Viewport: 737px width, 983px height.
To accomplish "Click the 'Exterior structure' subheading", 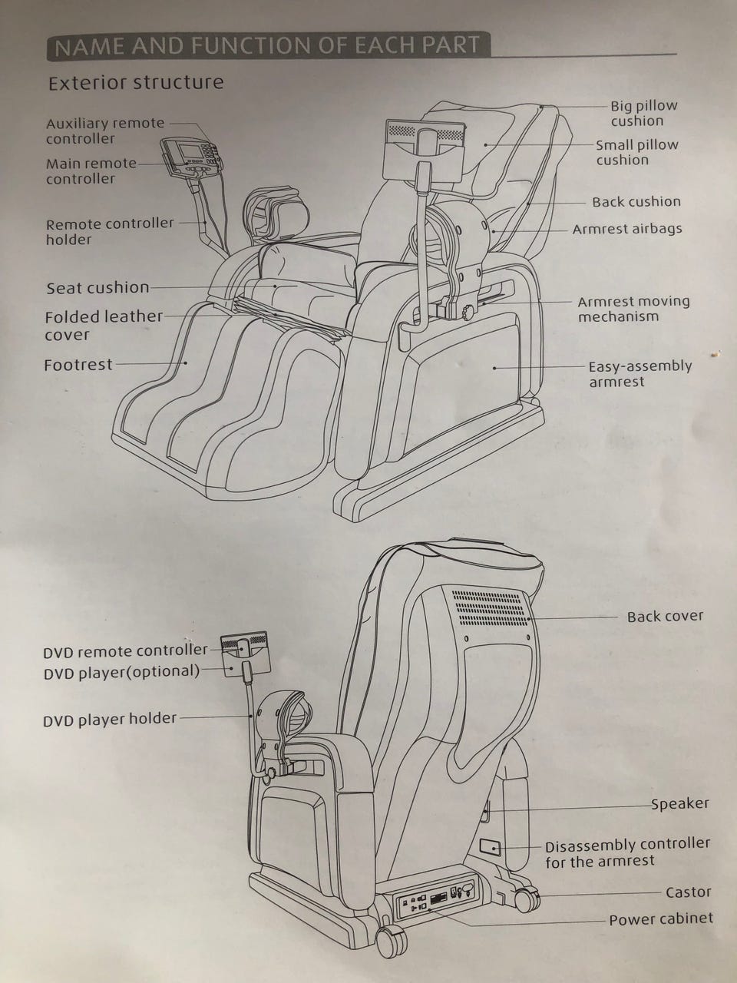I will pyautogui.click(x=136, y=83).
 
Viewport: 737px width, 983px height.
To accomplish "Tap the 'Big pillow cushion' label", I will pyautogui.click(x=643, y=113).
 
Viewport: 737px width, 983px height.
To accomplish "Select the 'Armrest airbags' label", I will pyautogui.click(x=626, y=229).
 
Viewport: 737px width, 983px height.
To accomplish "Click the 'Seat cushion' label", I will pyautogui.click(x=97, y=288).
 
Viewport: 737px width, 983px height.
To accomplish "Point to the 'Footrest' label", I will pyautogui.click(x=78, y=366).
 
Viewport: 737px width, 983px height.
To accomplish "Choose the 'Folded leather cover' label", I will pyautogui.click(x=103, y=326).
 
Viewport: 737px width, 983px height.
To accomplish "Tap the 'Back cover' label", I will pyautogui.click(x=664, y=617).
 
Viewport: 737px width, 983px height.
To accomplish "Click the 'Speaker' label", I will pyautogui.click(x=679, y=804).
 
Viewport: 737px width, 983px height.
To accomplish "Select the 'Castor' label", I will pyautogui.click(x=688, y=892).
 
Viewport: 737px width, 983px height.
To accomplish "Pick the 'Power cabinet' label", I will pyautogui.click(x=660, y=919).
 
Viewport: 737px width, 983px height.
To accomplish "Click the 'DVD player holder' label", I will pyautogui.click(x=109, y=720).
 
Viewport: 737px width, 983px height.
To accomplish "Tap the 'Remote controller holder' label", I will pyautogui.click(x=109, y=231).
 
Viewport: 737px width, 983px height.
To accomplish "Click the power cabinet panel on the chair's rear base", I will pyautogui.click(x=434, y=899).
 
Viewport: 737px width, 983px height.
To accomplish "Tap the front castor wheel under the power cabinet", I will pyautogui.click(x=390, y=938).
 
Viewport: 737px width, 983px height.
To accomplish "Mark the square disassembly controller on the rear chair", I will pyautogui.click(x=490, y=848).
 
